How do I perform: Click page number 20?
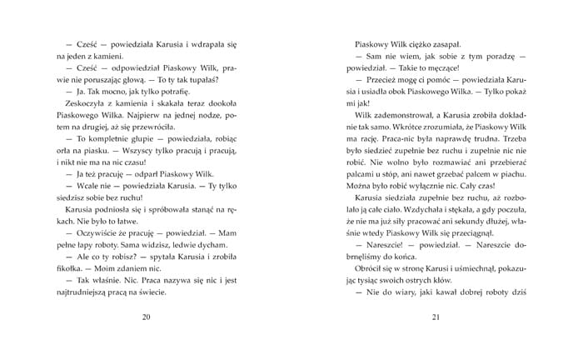point(147,317)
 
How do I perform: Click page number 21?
point(435,317)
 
